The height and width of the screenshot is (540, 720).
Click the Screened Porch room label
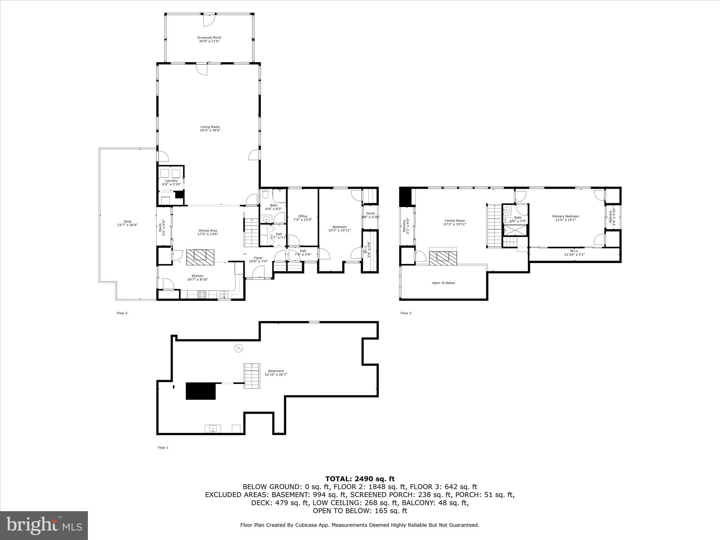point(209,39)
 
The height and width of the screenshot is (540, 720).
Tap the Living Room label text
point(210,128)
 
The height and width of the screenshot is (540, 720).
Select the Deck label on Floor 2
point(127,223)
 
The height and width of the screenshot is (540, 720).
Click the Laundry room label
point(171,182)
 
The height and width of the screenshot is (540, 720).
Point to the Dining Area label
point(207,232)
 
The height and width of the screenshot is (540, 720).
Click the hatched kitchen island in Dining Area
point(200,257)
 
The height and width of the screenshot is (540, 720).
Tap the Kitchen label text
point(197,278)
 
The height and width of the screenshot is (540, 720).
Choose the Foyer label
point(258,259)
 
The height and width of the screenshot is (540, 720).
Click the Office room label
point(302,218)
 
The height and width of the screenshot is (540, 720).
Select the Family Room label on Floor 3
point(455,222)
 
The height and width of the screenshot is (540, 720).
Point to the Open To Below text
point(443,283)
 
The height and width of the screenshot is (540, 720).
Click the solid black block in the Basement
point(200,391)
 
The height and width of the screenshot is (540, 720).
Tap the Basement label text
point(276,372)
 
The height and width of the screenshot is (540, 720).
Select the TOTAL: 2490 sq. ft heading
point(360,479)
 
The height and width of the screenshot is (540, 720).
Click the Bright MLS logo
point(44,525)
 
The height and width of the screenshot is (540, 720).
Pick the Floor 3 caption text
point(406,313)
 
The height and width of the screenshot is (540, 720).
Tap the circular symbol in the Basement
point(239,348)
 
